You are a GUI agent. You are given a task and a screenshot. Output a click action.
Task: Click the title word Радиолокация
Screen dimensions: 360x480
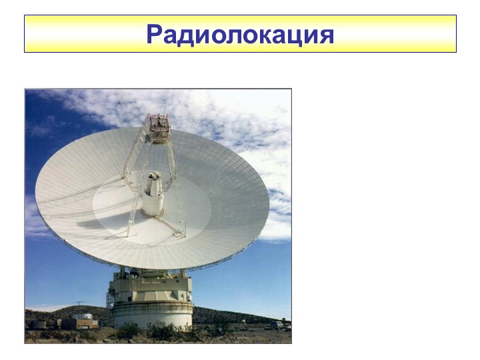point(240,33)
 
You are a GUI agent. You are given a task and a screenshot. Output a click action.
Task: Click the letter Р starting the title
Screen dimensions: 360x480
point(155,33)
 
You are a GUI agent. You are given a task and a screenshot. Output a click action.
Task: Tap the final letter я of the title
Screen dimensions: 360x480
point(325,34)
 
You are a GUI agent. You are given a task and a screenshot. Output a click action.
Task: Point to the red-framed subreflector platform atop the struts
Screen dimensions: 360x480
point(159,127)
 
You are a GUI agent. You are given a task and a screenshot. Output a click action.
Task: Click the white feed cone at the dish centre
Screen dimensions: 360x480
point(154,193)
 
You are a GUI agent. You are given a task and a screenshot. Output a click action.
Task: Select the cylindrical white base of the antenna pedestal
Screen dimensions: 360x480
point(152,314)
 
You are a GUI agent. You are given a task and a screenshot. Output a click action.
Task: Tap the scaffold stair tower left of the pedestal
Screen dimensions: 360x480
point(111,307)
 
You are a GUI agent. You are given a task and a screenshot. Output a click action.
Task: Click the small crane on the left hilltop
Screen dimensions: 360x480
point(78,304)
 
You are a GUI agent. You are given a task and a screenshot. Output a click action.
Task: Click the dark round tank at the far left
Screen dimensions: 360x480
point(39,324)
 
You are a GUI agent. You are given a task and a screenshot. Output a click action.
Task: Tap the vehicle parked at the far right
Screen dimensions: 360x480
point(275,325)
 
